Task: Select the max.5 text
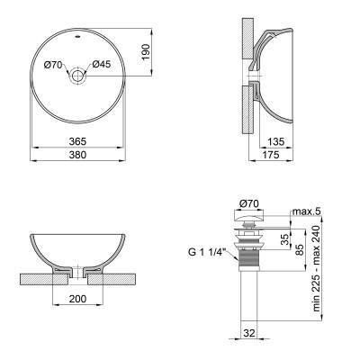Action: tap(306, 212)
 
